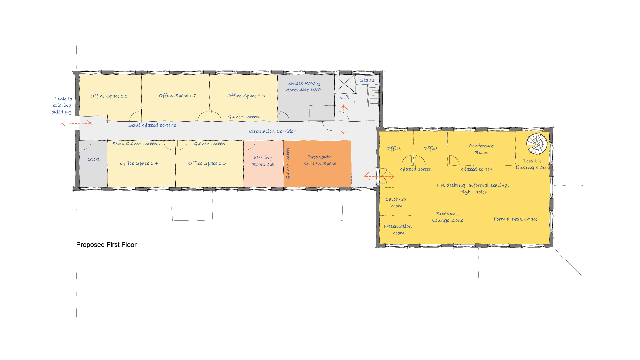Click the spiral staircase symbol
pos(537,144)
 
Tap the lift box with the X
pos(344,84)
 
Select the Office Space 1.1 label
pos(109,96)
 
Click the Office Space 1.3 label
pos(246,96)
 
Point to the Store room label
pos(93,159)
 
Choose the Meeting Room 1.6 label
pos(263,161)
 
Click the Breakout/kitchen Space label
pos(320,160)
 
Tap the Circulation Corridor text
pos(272,131)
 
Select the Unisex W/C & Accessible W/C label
pos(303,87)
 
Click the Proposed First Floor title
pos(106,245)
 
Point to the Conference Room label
pos(481,149)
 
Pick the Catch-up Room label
pos(396,203)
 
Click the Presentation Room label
pos(398,230)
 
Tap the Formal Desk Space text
pos(515,219)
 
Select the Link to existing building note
pos(62,105)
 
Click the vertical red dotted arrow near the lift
pos(344,119)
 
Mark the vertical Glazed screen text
pos(288,163)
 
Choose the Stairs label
pos(367,80)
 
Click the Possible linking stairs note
pos(532,164)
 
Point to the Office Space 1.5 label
pos(207,163)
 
